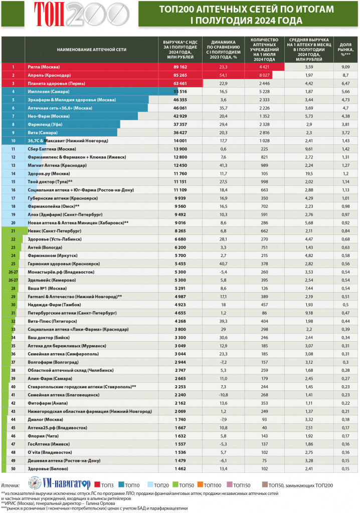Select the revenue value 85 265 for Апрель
coord(173,75)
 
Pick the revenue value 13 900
coord(173,149)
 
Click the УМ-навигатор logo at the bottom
coord(59,484)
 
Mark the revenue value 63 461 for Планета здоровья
coord(173,83)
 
